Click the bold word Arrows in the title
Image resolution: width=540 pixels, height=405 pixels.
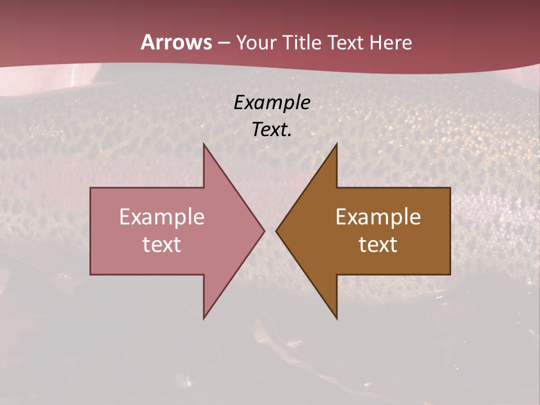pyautogui.click(x=176, y=42)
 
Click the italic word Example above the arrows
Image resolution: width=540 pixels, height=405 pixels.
pyautogui.click(x=272, y=102)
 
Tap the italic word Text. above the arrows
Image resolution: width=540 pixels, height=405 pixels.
pyautogui.click(x=272, y=129)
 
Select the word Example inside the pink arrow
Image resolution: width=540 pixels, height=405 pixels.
pyautogui.click(x=162, y=217)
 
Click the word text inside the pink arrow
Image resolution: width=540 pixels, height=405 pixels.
pyautogui.click(x=162, y=245)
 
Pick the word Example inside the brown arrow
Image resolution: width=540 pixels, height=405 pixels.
pyautogui.click(x=378, y=217)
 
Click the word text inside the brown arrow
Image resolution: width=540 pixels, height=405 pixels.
pyautogui.click(x=378, y=245)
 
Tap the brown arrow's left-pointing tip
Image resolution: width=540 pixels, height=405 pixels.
pyautogui.click(x=277, y=231)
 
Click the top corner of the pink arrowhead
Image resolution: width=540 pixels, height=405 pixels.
pyautogui.click(x=204, y=144)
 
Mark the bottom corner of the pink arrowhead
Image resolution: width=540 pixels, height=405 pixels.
pyautogui.click(x=204, y=318)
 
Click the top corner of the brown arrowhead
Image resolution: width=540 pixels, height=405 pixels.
pyautogui.click(x=336, y=144)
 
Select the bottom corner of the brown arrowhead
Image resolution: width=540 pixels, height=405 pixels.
pyautogui.click(x=336, y=318)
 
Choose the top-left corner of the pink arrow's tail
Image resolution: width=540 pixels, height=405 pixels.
pyautogui.click(x=91, y=188)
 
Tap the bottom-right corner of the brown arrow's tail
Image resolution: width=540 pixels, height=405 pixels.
pyautogui.click(x=449, y=274)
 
